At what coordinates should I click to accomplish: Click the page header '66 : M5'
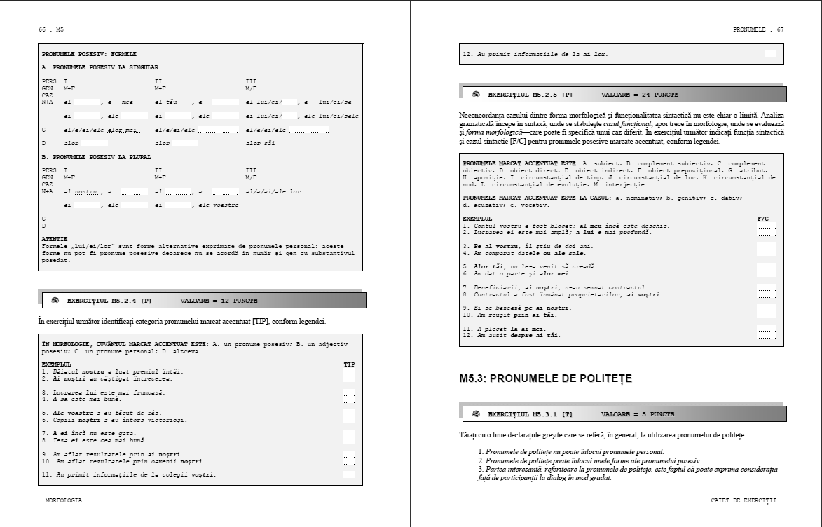click(x=51, y=29)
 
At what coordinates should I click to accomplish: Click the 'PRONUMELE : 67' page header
click(x=758, y=29)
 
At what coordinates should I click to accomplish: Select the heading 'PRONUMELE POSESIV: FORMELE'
click(x=89, y=54)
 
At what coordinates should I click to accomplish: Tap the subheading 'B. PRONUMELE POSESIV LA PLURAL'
click(x=97, y=157)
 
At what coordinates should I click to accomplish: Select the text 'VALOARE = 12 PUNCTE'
click(x=219, y=300)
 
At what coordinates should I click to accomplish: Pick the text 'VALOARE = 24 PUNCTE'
click(x=639, y=94)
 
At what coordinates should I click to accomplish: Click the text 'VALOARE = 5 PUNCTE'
click(x=638, y=414)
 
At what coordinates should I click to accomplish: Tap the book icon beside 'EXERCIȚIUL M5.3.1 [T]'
click(x=476, y=414)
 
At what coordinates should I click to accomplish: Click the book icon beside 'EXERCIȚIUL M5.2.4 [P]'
click(x=55, y=300)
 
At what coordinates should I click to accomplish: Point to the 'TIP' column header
click(x=349, y=365)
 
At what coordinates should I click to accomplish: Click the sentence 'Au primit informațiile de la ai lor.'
click(x=535, y=54)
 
